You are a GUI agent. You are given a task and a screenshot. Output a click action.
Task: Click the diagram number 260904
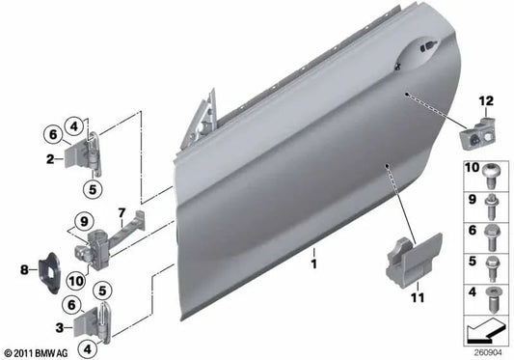click(484, 350)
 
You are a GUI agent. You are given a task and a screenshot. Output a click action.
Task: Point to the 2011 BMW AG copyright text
click(38, 352)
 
